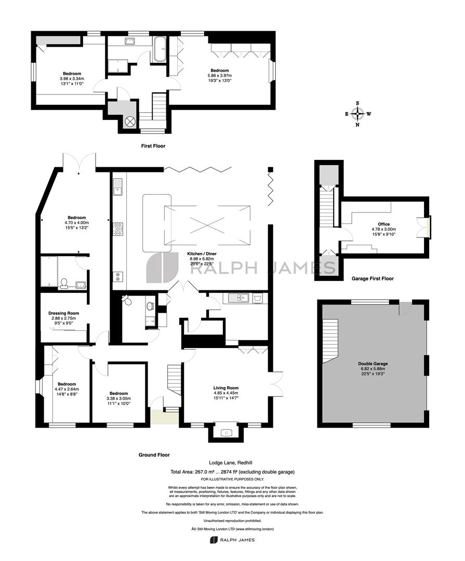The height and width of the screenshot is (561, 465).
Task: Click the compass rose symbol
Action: coord(357,114)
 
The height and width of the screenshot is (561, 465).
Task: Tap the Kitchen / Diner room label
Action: coord(202,253)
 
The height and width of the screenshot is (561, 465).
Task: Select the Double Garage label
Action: coord(373,364)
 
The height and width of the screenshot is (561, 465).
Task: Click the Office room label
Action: coord(384,224)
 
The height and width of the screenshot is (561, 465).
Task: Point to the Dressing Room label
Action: coord(64,313)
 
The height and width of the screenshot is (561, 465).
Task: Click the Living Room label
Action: coord(226,388)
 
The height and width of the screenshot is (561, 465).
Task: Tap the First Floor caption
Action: coord(153,146)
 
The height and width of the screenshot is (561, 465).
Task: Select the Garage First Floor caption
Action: coord(373,278)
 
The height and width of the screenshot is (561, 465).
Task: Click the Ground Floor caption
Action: coord(154,455)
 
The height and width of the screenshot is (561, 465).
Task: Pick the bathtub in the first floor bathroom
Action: coord(160,48)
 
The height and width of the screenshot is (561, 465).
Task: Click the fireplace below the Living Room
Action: coord(226,433)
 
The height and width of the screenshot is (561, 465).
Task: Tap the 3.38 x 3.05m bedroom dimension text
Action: coord(118,398)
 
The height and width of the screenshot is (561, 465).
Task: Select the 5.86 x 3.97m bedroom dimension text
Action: coord(219,75)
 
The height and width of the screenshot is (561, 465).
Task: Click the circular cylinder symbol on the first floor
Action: coord(129,121)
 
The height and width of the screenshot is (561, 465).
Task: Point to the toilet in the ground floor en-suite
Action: coord(64,284)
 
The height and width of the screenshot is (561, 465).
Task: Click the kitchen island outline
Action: coord(157,223)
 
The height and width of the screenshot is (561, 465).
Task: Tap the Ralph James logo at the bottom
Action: coord(232,540)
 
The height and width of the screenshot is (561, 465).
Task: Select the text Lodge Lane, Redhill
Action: coord(233,462)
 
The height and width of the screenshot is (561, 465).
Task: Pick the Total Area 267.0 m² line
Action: coord(232,472)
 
